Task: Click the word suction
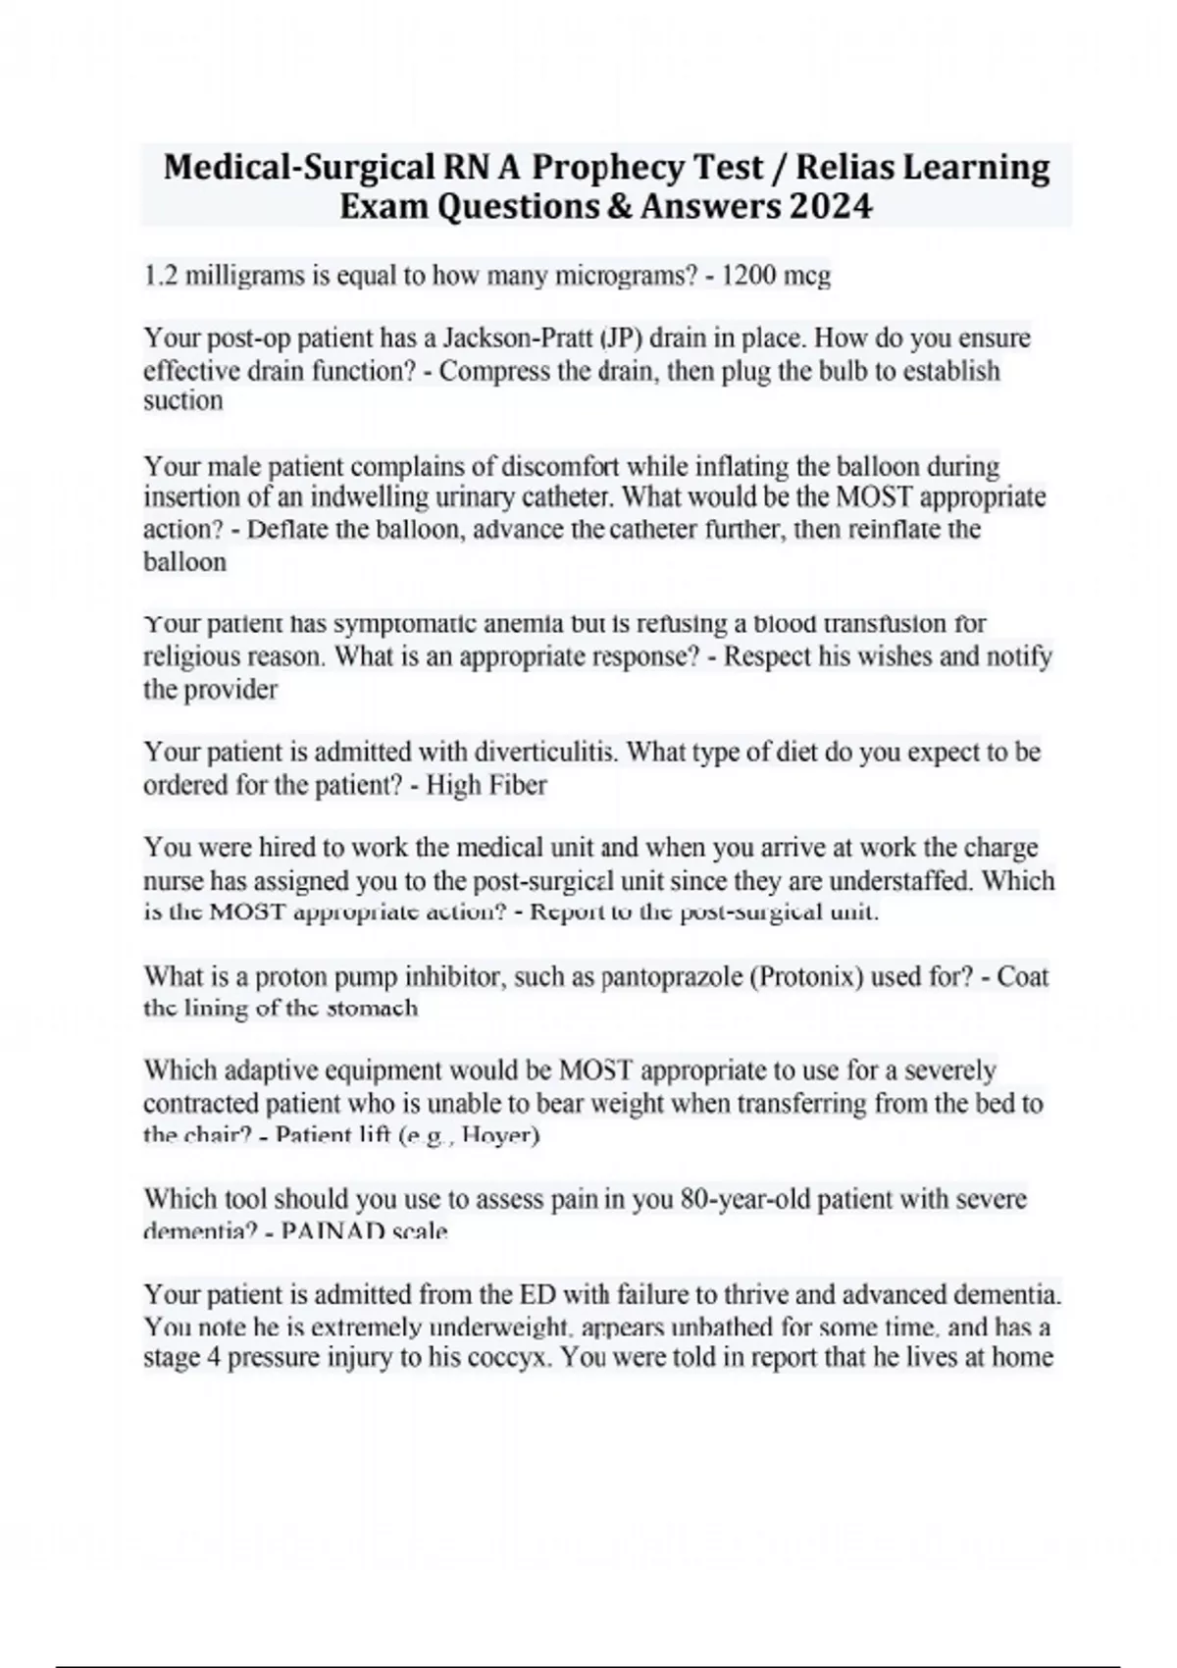pyautogui.click(x=183, y=400)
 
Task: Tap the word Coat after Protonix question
pyautogui.click(x=1023, y=977)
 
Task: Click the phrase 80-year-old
pyautogui.click(x=744, y=1199)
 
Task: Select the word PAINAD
pyautogui.click(x=333, y=1231)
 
